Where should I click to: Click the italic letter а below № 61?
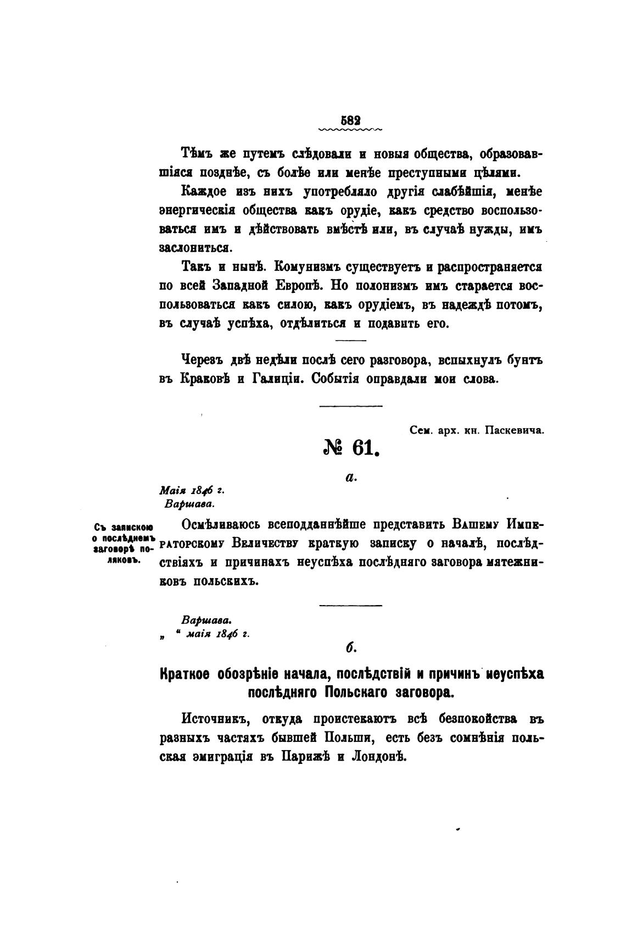(x=351, y=478)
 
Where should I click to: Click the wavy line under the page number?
(x=350, y=130)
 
